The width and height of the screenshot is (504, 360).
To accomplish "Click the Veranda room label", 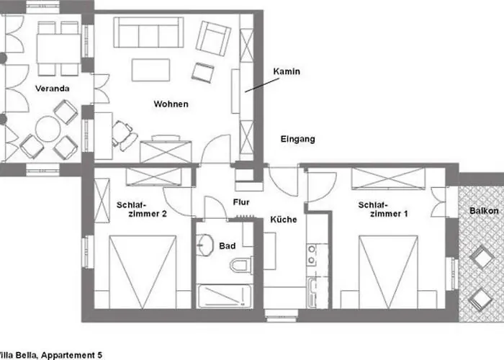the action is pyautogui.click(x=52, y=89).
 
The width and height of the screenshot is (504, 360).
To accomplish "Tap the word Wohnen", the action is pyautogui.click(x=171, y=104).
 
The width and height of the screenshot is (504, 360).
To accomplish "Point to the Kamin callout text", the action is pyautogui.click(x=287, y=71).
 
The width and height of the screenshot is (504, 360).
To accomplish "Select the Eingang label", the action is pyautogui.click(x=297, y=139).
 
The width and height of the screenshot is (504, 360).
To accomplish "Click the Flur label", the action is pyautogui.click(x=241, y=202).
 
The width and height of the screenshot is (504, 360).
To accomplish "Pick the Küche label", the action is pyautogui.click(x=284, y=220).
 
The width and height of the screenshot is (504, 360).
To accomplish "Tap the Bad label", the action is pyautogui.click(x=228, y=246).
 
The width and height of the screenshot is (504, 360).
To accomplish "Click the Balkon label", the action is pyautogui.click(x=484, y=211).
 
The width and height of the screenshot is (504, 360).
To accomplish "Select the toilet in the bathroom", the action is pyautogui.click(x=241, y=266).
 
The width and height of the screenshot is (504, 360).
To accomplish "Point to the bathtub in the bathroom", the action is pyautogui.click(x=224, y=296).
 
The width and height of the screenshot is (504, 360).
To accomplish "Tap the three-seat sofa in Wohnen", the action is pyautogui.click(x=148, y=32).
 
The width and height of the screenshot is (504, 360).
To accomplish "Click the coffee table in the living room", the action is pyautogui.click(x=150, y=70).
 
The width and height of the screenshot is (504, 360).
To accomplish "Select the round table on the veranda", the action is pyautogui.click(x=48, y=129).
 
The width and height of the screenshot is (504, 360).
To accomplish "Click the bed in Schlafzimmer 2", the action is pyautogui.click(x=143, y=272).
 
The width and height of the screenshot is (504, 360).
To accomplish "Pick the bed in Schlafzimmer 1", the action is pyautogui.click(x=388, y=272).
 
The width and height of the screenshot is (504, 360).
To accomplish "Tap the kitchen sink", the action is pyautogui.click(x=312, y=292).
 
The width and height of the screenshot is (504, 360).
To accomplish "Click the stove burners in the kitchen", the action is pyautogui.click(x=312, y=255).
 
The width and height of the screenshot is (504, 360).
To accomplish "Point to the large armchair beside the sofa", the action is pyautogui.click(x=213, y=38).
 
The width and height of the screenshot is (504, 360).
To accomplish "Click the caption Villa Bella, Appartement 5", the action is pyautogui.click(x=51, y=355).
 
